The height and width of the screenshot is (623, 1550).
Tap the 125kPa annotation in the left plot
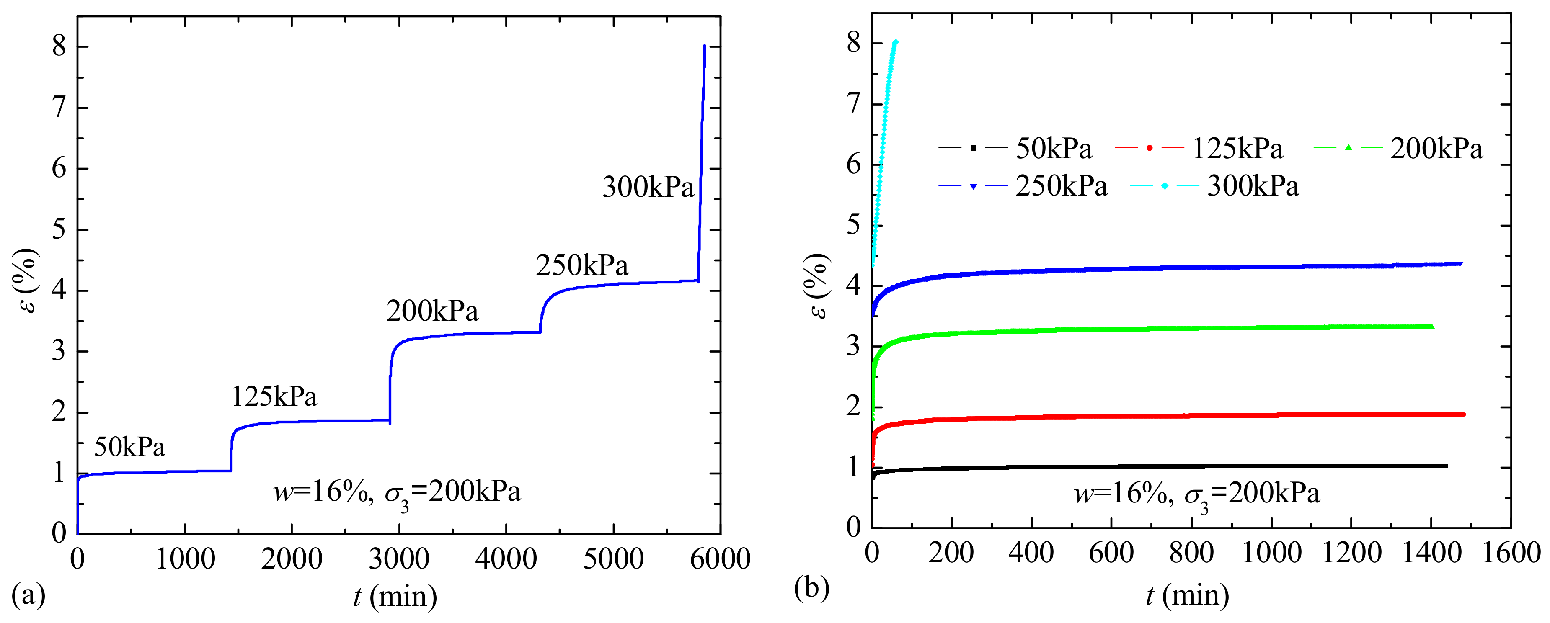pyautogui.click(x=274, y=397)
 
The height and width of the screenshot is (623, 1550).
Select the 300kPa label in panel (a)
pyautogui.click(x=648, y=187)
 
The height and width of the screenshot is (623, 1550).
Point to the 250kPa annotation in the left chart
pyautogui.click(x=582, y=265)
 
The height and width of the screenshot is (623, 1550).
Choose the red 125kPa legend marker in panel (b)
pyautogui.click(x=1149, y=148)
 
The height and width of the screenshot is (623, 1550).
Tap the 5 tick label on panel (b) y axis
pyautogui.click(x=853, y=226)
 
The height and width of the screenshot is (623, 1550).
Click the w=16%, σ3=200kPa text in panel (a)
pyautogui.click(x=397, y=493)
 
